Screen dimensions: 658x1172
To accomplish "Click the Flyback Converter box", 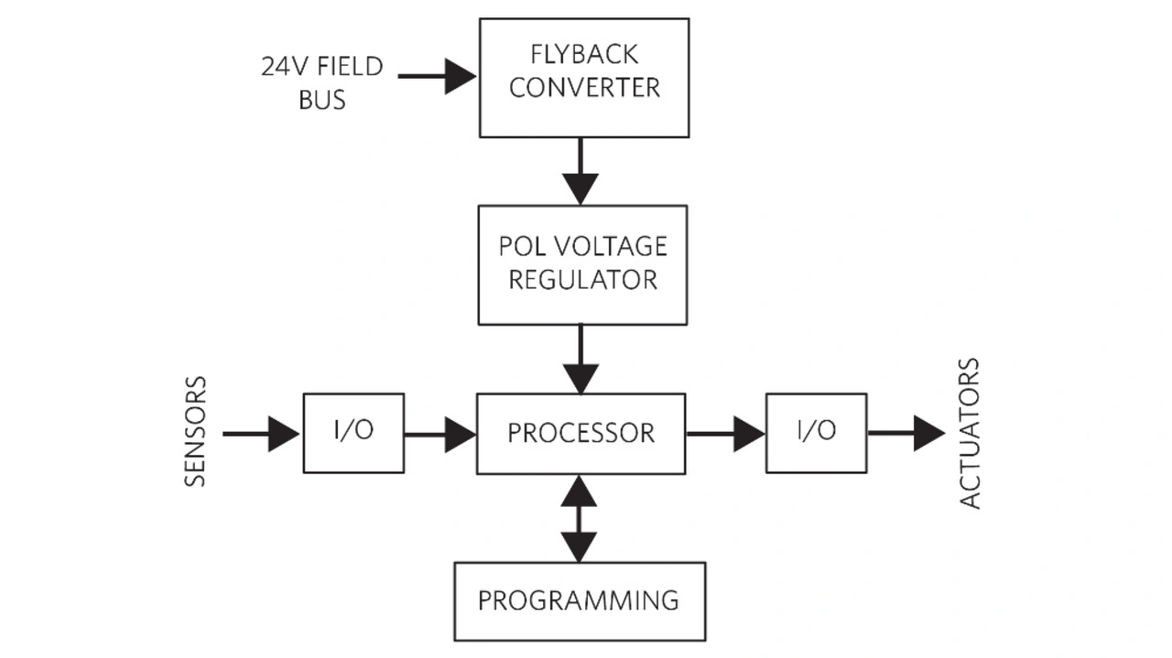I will click(584, 78).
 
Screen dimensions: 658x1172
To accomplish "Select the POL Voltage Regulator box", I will click(582, 264).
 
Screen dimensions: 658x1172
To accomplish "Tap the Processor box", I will click(581, 433).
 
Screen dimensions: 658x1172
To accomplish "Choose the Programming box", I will click(579, 601).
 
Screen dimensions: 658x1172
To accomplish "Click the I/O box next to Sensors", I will click(353, 433).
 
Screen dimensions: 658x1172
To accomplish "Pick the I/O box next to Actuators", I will click(816, 433).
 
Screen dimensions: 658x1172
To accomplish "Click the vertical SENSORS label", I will click(196, 432).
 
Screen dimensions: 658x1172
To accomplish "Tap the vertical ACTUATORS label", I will click(969, 434).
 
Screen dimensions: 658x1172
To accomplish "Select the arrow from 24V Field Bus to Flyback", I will click(437, 77).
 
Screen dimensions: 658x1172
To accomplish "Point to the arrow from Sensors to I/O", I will click(261, 433).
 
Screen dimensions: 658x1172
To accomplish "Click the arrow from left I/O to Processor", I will click(439, 434).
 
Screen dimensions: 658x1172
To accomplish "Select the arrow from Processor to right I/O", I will click(725, 434).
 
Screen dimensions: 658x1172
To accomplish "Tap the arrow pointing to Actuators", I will click(906, 433).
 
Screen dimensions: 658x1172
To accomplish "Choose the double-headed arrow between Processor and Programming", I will click(579, 518).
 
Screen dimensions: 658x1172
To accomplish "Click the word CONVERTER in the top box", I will click(584, 89).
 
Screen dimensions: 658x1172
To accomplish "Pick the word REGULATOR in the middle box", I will click(583, 279).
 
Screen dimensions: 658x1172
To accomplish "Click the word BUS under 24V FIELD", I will click(322, 100).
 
